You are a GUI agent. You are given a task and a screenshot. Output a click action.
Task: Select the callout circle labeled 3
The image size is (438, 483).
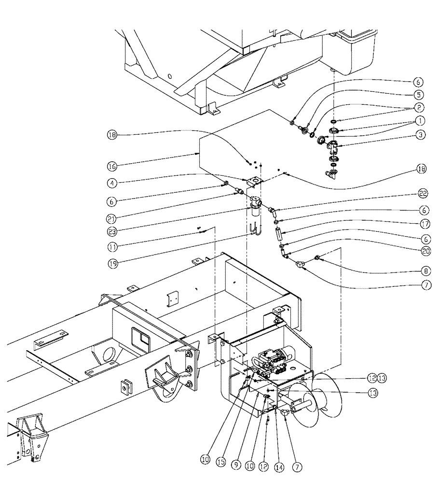point(419,136)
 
